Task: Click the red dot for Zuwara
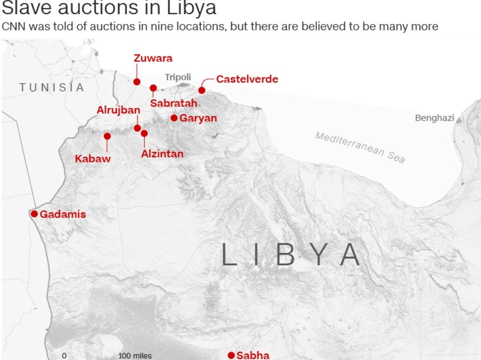(137, 81)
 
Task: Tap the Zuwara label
(153, 58)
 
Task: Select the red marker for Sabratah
(153, 88)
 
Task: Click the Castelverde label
(247, 79)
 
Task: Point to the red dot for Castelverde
(202, 90)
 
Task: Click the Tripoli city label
(178, 77)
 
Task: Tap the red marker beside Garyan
(174, 118)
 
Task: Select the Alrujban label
(118, 110)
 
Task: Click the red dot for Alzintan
(144, 133)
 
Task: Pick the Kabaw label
(93, 158)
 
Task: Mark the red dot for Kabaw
(107, 136)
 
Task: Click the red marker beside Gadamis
(34, 214)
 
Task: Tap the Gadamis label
(63, 214)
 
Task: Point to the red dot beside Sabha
(231, 355)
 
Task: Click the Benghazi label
(434, 118)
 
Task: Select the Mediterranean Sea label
(360, 147)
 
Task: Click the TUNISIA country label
(52, 88)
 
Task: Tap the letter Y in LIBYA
(319, 255)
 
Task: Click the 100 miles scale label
(135, 356)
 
